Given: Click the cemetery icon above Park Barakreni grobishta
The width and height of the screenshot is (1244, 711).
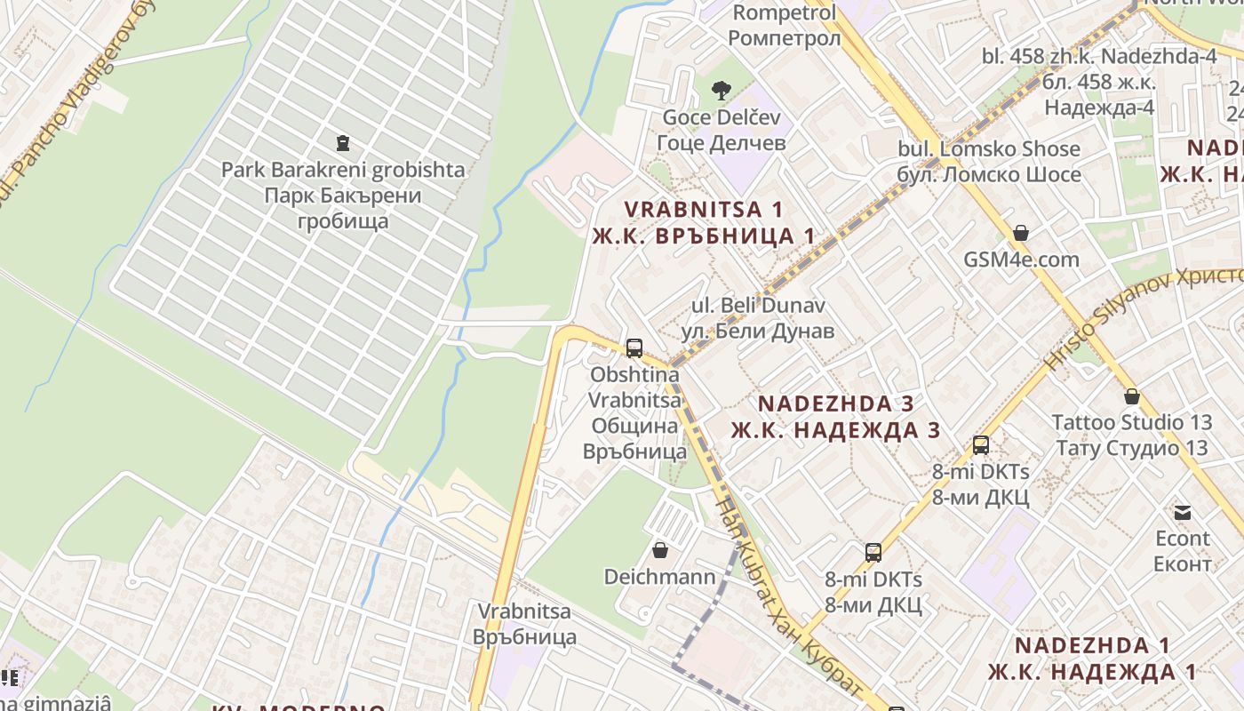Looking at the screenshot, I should tap(342, 142).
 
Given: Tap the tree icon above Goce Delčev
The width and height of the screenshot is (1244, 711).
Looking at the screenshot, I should tap(722, 90).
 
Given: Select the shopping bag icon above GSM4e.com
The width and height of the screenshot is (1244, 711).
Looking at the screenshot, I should tap(1021, 234).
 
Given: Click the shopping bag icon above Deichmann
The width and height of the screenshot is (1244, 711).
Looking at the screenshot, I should tap(659, 550).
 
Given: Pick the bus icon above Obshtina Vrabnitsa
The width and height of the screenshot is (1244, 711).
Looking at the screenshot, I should tap(634, 348).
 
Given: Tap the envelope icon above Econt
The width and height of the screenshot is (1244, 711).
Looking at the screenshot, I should tap(1182, 512).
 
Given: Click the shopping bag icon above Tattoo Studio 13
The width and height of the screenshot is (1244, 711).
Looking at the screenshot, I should tap(1131, 396).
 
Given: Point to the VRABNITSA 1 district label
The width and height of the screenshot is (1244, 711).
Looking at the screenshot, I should tap(704, 223).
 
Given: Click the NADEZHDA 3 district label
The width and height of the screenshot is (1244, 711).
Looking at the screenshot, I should tap(835, 417).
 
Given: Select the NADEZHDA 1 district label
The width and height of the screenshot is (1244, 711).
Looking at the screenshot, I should tap(1092, 659).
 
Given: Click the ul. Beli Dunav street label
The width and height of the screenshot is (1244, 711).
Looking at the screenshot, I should tap(758, 318).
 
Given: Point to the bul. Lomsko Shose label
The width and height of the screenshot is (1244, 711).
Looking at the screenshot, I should tap(989, 161).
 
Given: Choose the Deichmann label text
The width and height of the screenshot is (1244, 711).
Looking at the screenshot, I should tap(659, 577).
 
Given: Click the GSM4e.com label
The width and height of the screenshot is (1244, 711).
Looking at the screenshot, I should tap(1022, 260).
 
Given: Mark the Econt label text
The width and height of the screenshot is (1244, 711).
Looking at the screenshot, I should tap(1182, 551).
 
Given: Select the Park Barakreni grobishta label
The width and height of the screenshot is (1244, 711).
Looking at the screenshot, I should tap(342, 194).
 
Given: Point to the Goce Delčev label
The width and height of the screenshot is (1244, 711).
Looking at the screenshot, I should tap(721, 130).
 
